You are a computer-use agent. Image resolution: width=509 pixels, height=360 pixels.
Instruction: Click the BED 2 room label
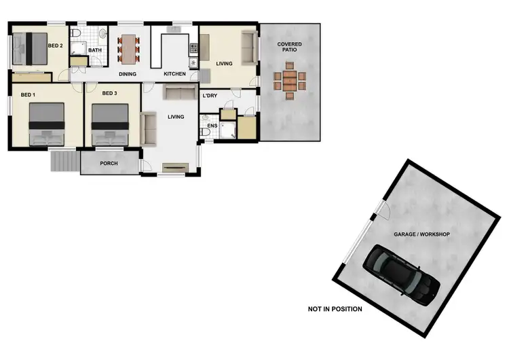[x=56, y=46]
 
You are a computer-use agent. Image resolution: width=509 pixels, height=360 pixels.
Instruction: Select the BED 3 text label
[x=109, y=93]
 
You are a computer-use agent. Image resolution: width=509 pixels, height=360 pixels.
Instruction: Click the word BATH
[x=94, y=50]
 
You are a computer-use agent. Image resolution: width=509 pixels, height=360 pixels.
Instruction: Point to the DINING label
[x=128, y=74]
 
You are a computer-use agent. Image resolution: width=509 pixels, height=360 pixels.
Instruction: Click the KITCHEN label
[x=174, y=74]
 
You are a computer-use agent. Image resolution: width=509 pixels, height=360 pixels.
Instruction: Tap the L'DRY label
[x=210, y=96]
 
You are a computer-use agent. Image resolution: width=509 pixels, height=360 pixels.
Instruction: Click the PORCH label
[x=109, y=163]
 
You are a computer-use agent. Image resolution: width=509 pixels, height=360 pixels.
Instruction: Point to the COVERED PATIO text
[x=290, y=48]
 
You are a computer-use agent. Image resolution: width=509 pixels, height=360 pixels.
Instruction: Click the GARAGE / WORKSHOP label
[x=421, y=234]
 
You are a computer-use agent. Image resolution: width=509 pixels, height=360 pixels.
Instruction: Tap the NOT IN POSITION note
[x=335, y=309]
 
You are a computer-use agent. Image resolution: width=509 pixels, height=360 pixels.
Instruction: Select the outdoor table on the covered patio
[x=290, y=80]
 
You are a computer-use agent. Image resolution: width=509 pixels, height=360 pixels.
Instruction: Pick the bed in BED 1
[x=47, y=124]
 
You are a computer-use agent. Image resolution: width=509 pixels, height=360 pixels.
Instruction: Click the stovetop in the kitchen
[x=193, y=49]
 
